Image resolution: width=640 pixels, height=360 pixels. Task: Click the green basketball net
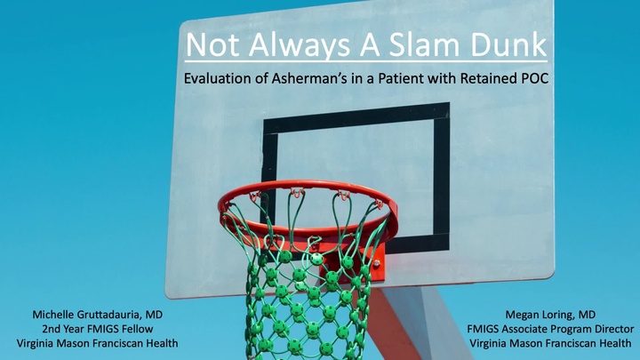[x=307, y=284]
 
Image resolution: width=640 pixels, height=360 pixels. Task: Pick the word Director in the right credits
[x=609, y=329]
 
